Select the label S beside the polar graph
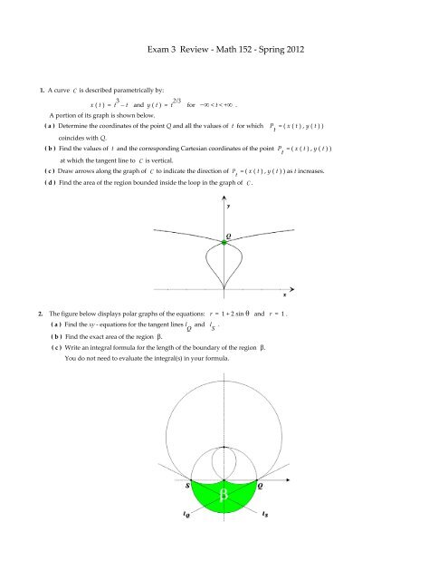point(163,485)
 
